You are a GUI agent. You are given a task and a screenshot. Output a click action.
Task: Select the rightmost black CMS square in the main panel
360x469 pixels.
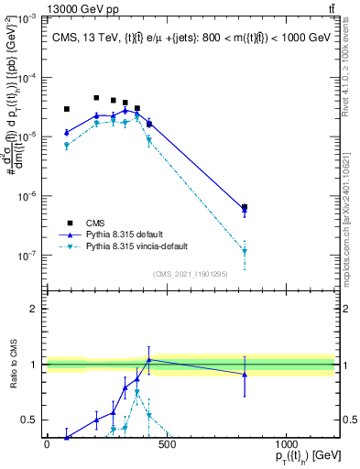tap(244, 208)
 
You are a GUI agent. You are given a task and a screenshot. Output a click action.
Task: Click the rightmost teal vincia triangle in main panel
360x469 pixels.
tap(244, 252)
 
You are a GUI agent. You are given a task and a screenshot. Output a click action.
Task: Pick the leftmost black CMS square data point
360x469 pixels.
tap(67, 109)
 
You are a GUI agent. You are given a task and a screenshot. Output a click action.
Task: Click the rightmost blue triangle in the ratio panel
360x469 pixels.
tap(244, 375)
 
